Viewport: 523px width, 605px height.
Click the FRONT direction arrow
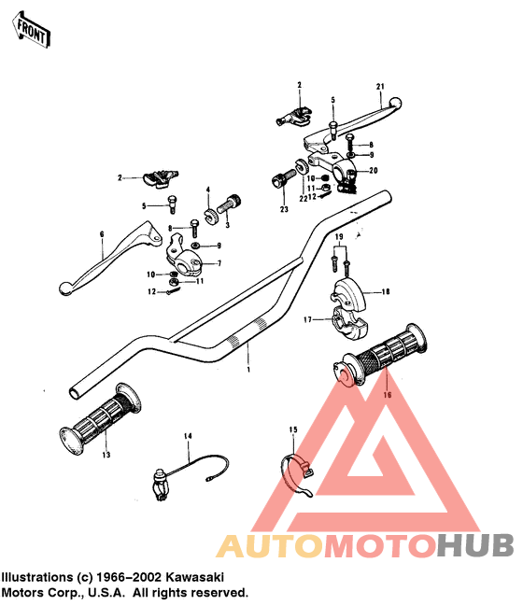click(31, 29)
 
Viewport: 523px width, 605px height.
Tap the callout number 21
click(380, 87)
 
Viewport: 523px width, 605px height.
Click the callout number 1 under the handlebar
click(248, 370)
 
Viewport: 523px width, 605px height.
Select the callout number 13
click(106, 455)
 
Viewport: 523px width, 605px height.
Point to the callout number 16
click(388, 395)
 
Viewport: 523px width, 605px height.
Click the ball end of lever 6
click(64, 288)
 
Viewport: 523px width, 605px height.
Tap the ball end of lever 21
click(395, 103)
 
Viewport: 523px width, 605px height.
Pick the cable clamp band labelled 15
click(296, 475)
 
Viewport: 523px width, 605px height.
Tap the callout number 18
click(385, 292)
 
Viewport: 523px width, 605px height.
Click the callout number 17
click(307, 320)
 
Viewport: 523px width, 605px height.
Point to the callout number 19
click(339, 236)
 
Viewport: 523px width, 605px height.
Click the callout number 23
click(284, 209)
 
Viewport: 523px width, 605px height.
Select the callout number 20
click(374, 170)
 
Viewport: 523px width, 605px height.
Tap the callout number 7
click(219, 263)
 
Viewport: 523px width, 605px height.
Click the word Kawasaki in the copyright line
click(194, 577)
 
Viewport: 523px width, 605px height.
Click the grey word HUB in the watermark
click(475, 545)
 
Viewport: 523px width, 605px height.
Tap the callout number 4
click(208, 190)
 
